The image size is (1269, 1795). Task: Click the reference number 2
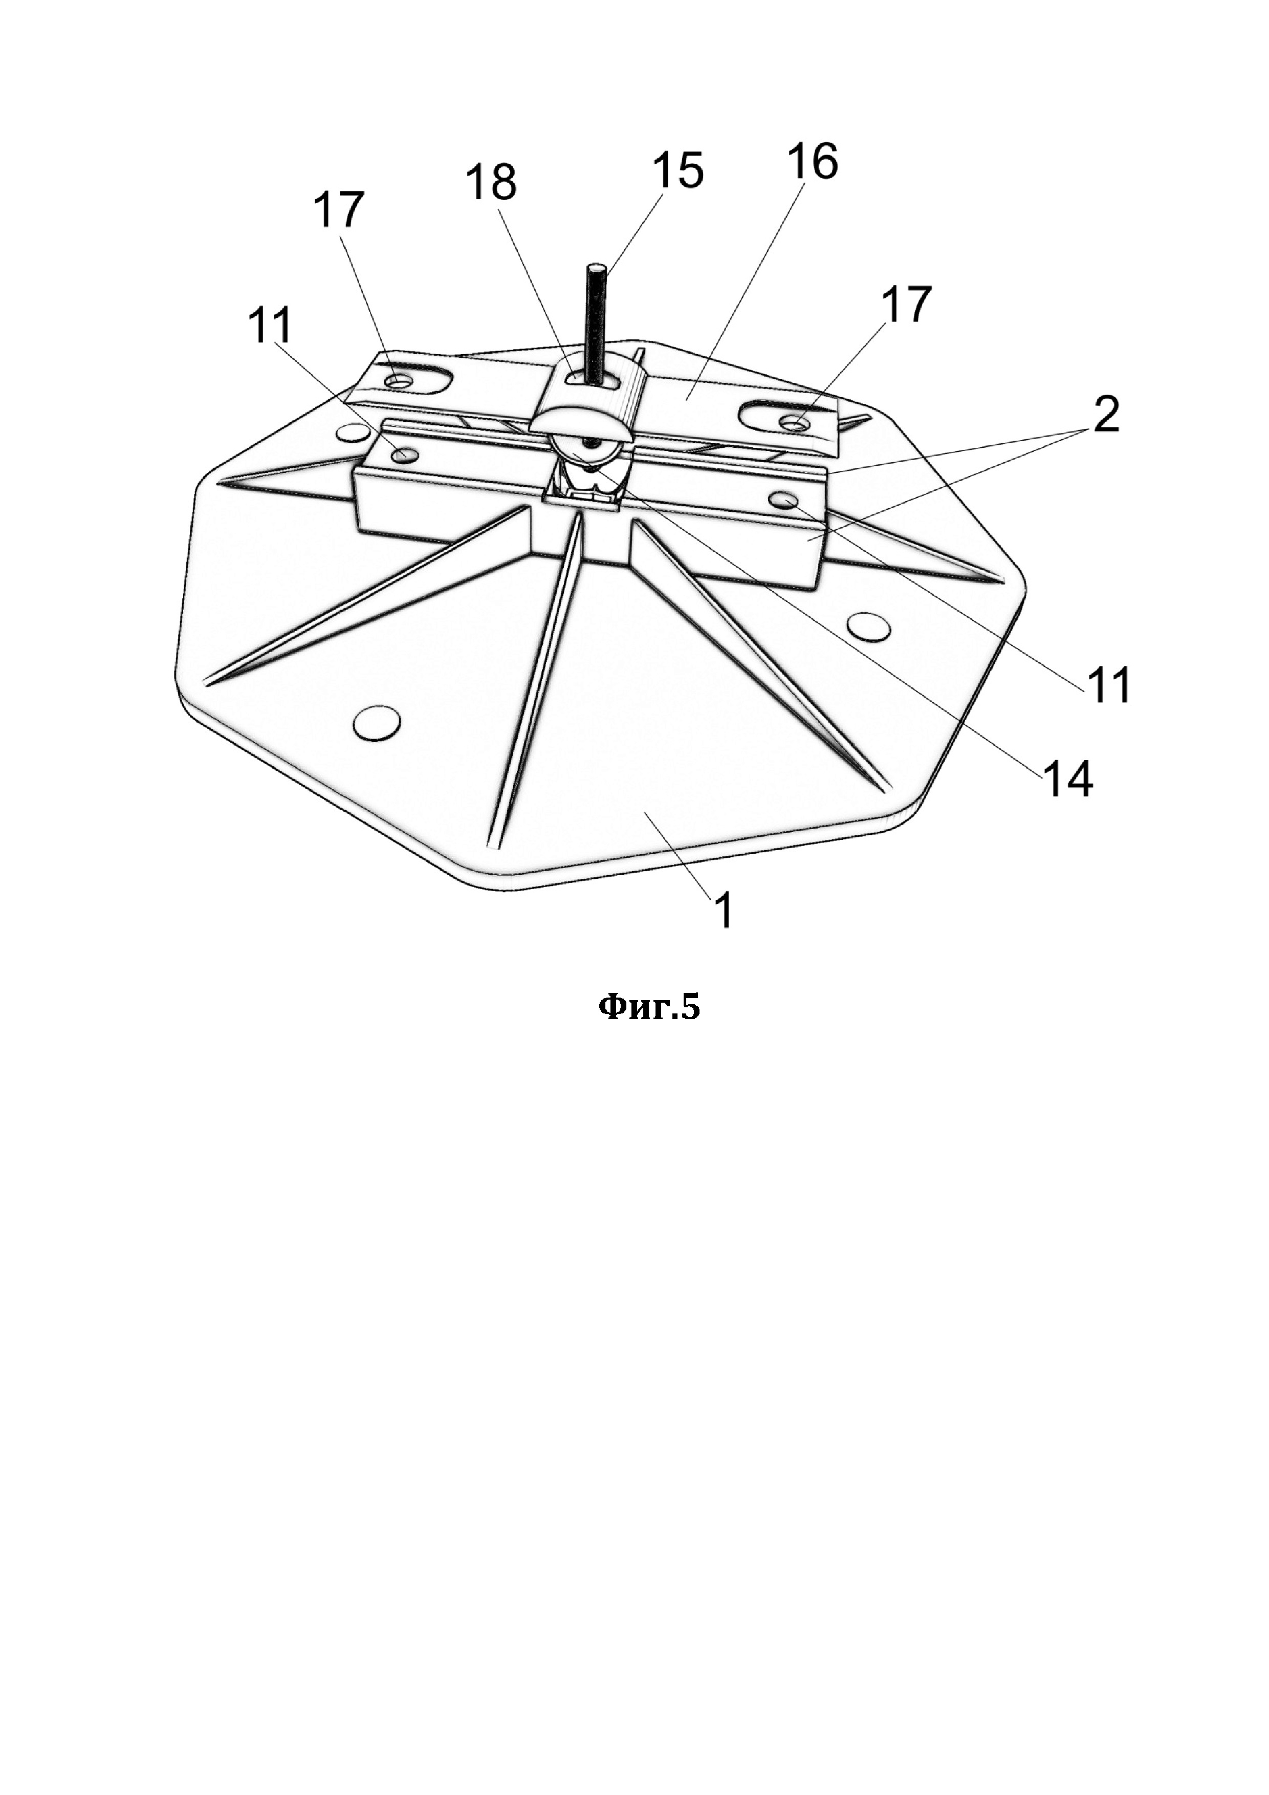pos(1094,415)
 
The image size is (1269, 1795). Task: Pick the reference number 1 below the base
pos(724,910)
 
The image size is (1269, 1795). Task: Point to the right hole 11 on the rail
pos(781,498)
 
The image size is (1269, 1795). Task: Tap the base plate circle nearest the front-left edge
pos(377,722)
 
